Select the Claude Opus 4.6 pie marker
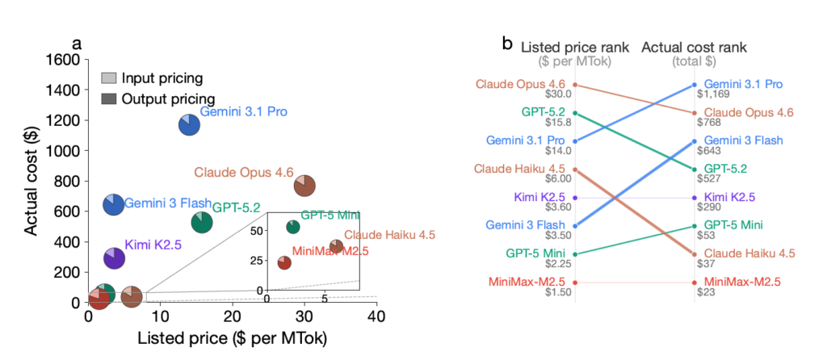(x=304, y=186)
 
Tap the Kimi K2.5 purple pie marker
(x=114, y=257)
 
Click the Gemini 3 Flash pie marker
(x=114, y=204)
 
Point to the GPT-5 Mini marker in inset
(x=292, y=227)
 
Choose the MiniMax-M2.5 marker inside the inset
(x=284, y=262)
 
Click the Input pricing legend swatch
(x=108, y=78)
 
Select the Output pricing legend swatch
(x=108, y=98)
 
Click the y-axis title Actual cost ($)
(x=30, y=180)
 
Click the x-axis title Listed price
(x=233, y=339)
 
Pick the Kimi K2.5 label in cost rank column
(x=729, y=197)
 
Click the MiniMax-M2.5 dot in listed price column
(x=574, y=282)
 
